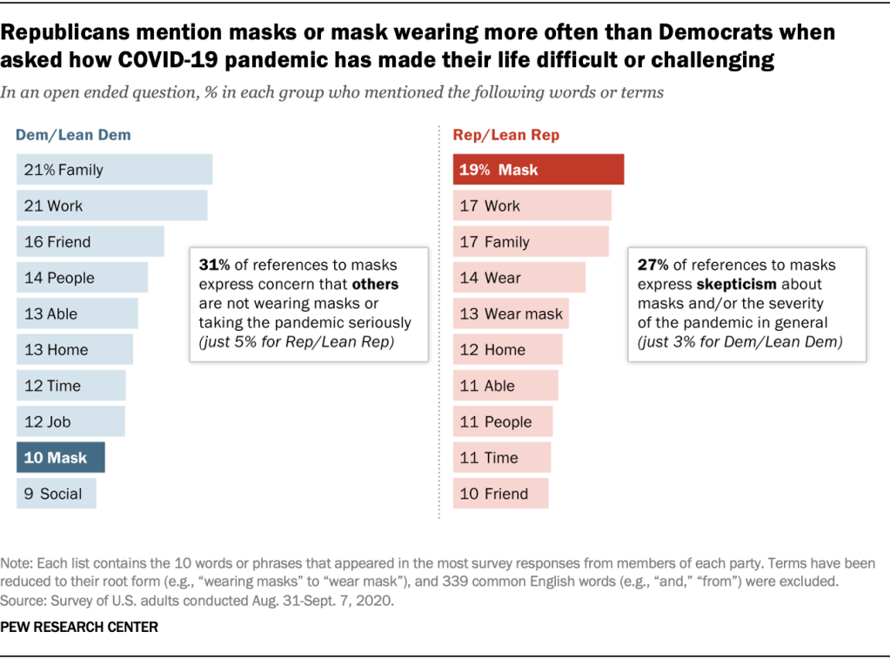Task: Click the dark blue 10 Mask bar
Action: pos(60,458)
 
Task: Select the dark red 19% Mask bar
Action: pos(538,170)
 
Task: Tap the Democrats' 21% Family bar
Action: pos(114,170)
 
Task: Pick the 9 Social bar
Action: pos(56,494)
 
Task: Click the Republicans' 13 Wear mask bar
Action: pos(511,313)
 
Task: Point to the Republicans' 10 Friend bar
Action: pos(500,494)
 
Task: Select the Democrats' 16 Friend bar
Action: pos(90,242)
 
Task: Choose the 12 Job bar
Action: pos(70,422)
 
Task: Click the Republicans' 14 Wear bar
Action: pos(519,278)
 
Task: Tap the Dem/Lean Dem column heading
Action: pos(73,135)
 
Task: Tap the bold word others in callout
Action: pos(375,285)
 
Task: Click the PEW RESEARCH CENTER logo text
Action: pos(80,627)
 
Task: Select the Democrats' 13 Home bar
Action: pos(74,350)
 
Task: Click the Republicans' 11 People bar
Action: pos(502,422)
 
